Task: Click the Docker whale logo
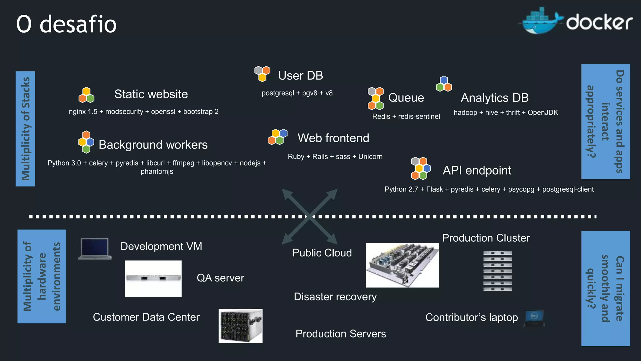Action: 541,21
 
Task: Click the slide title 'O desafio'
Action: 66,24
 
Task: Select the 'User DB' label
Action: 300,76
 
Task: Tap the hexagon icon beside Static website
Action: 86,95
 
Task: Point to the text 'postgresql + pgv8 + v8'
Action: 297,93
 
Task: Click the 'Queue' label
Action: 406,98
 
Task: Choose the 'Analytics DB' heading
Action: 495,98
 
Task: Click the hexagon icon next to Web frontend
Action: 277,137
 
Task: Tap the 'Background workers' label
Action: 153,145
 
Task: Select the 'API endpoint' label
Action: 477,170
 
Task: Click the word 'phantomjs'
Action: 157,171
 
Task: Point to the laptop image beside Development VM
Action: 95,249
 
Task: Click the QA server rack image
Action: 153,278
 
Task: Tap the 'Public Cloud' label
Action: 322,253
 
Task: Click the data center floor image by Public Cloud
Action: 402,265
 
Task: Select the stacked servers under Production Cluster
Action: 497,271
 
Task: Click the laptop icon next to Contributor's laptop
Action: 535,318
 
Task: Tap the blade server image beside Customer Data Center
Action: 240,326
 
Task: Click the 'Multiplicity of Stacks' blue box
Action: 25,129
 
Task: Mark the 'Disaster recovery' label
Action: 335,297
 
